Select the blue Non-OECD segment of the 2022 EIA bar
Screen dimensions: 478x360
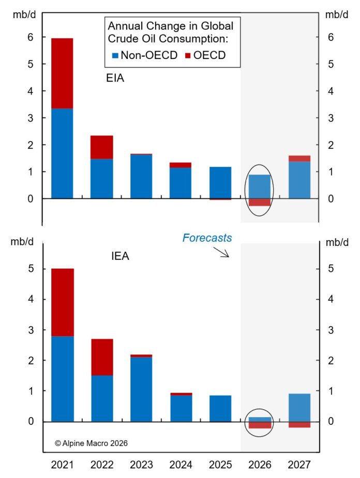coord(101,178)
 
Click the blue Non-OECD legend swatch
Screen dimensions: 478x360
coord(115,56)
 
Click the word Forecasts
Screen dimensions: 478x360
coord(206,238)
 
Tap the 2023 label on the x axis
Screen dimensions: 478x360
coord(141,465)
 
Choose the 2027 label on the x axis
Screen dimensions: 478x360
coord(299,465)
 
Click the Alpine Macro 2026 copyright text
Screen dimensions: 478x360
coord(91,443)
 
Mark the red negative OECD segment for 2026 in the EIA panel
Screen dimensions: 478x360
coord(260,202)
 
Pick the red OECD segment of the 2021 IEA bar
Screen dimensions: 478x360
coord(62,302)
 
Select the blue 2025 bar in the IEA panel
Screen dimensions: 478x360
coord(220,408)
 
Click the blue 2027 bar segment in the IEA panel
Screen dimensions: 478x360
coord(299,407)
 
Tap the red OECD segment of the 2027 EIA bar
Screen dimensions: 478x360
coord(299,159)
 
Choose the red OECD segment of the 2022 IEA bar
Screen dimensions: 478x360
coord(101,357)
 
